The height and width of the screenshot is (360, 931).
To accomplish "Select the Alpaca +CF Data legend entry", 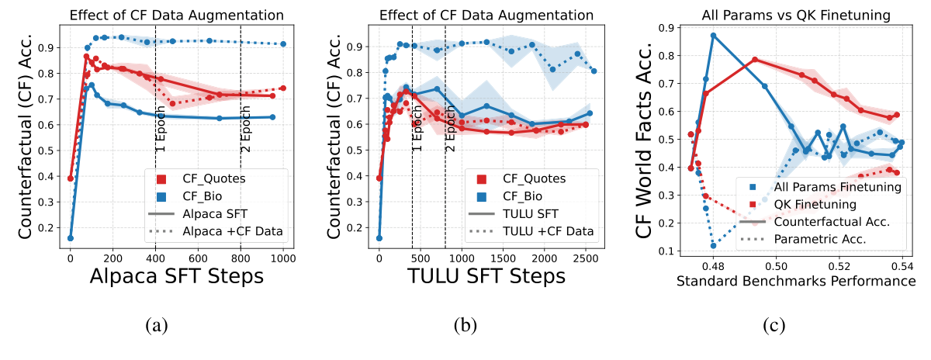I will (232, 230).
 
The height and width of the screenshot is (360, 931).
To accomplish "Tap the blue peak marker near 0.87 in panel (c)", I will (714, 35).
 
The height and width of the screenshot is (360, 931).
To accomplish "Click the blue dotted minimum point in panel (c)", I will (714, 246).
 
